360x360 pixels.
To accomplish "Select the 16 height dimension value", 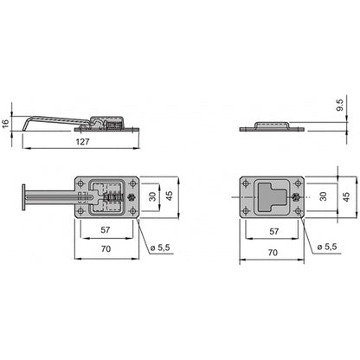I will pos(7,124).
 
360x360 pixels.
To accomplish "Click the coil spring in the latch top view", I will pos(110,199).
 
